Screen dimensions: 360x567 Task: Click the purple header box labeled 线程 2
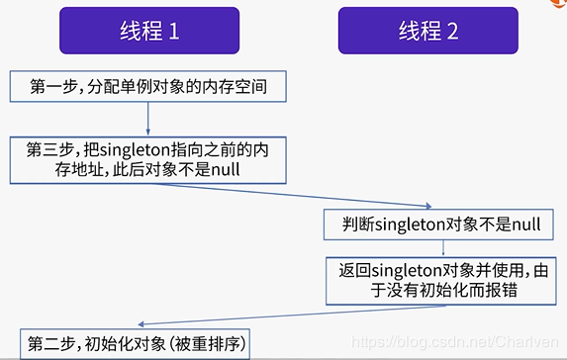pos(427,31)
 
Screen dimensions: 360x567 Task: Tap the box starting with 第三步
pos(146,158)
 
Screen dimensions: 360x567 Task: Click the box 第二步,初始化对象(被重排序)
pos(138,344)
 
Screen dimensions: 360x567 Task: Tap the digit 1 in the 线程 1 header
pos(174,31)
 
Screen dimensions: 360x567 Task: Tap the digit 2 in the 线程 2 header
pos(452,31)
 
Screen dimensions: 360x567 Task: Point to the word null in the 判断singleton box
pos(524,225)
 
